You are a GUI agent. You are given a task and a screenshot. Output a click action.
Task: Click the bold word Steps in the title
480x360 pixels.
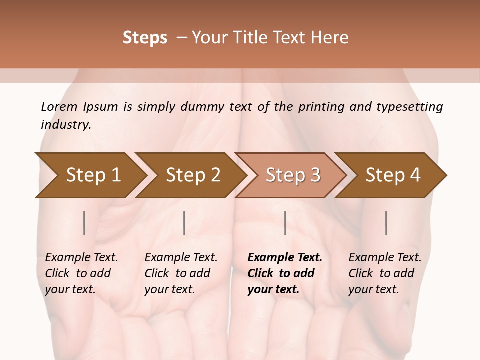145,38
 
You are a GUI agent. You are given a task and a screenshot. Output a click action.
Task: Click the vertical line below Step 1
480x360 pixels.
84,223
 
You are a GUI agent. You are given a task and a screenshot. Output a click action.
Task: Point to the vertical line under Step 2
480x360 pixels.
184,223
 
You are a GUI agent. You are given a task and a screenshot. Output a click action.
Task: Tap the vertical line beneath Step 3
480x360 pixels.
285,223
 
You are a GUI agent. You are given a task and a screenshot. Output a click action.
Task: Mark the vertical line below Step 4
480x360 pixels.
386,223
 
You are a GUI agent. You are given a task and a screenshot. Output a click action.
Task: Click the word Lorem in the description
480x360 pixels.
59,106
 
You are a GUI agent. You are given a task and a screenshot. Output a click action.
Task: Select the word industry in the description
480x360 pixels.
66,124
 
